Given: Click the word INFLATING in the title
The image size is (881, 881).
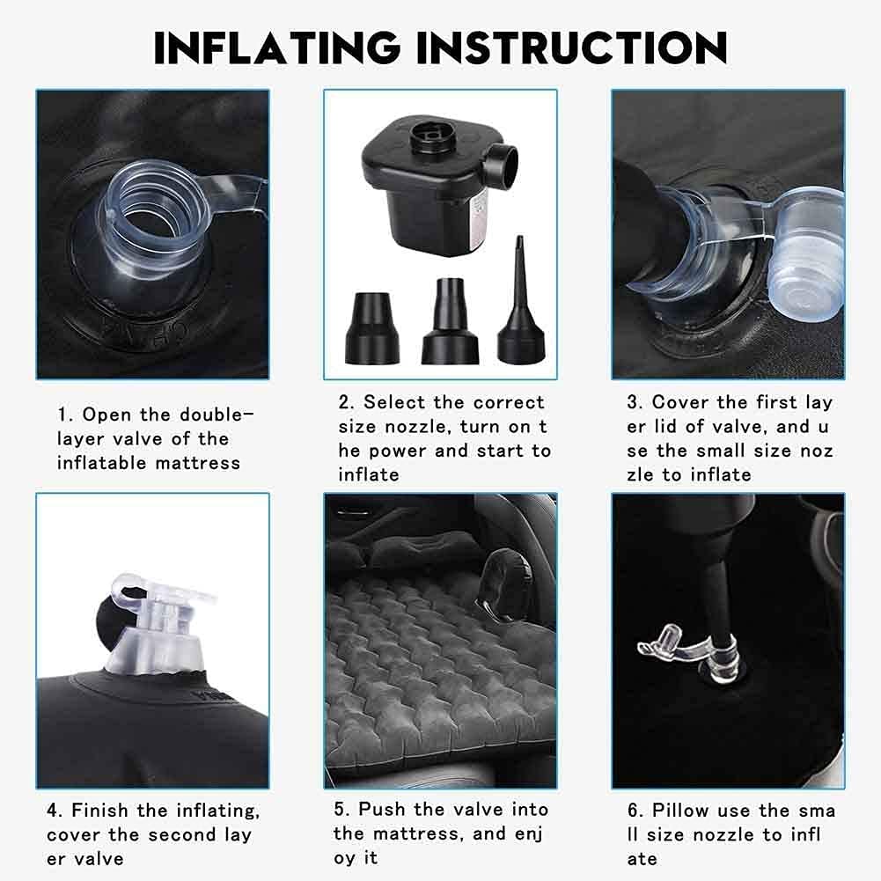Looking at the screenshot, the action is point(276,48).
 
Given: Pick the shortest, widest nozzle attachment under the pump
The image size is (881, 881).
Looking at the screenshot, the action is point(371,327).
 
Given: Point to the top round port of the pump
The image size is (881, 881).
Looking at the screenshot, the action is point(428,135).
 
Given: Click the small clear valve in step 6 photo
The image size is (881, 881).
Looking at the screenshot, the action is point(691,652).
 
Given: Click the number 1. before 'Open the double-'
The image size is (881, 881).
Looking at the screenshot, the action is point(65,415).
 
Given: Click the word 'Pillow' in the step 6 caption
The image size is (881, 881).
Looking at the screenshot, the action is point(680,811).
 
